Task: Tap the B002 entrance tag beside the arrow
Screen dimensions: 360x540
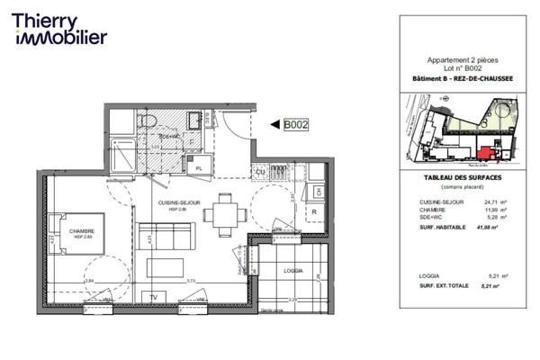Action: [296, 126]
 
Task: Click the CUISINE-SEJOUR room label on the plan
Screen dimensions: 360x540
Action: [178, 204]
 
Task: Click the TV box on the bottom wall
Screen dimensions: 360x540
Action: [153, 296]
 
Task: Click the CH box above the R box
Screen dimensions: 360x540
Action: [318, 192]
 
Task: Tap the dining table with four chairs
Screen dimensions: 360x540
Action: [220, 216]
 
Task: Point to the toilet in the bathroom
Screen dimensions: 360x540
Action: [148, 121]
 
